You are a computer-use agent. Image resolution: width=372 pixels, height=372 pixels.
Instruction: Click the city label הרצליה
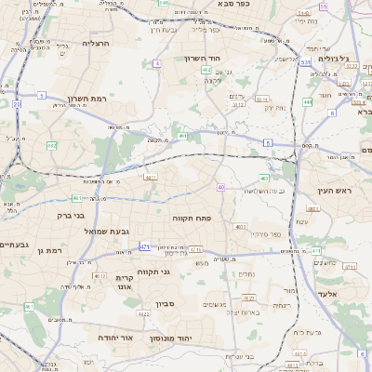(96, 43)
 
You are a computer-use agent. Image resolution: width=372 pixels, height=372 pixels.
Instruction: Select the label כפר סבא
(239, 5)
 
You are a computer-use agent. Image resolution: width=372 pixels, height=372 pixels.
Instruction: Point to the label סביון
(166, 303)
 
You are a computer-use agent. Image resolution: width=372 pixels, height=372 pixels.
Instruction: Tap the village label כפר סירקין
(262, 232)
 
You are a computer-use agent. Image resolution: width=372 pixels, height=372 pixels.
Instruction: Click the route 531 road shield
(304, 62)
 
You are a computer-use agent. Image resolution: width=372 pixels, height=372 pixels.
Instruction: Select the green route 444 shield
(307, 102)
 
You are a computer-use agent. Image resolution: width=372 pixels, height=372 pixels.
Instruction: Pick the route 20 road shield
(17, 105)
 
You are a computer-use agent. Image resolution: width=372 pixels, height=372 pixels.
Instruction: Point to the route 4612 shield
(98, 276)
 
